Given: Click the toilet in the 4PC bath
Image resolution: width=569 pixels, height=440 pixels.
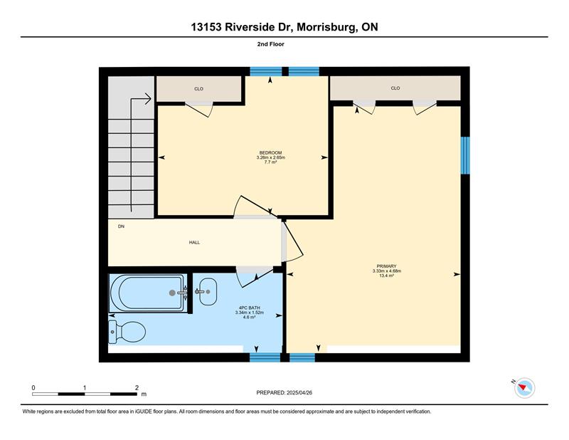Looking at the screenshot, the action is click(x=127, y=332).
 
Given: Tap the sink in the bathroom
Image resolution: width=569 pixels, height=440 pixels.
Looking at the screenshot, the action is click(x=208, y=291).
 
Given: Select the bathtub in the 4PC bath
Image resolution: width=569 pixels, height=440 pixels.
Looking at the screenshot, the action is click(x=149, y=293).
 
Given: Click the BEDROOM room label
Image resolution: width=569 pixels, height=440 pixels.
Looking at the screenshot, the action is click(x=270, y=152).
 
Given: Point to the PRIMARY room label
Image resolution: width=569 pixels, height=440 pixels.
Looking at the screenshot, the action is click(x=386, y=266).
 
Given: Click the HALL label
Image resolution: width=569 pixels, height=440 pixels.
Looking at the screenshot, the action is click(x=194, y=242).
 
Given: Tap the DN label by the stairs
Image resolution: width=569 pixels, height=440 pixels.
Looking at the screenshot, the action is click(x=121, y=226).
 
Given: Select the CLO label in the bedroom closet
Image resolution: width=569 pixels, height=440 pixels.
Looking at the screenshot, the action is click(x=199, y=89).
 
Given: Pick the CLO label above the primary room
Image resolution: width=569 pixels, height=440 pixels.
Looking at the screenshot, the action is click(x=395, y=88).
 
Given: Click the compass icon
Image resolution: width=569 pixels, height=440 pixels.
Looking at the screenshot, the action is click(x=524, y=388).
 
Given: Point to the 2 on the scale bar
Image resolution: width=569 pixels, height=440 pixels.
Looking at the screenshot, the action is click(x=137, y=388).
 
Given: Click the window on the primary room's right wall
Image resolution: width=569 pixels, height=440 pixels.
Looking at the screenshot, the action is click(x=465, y=155).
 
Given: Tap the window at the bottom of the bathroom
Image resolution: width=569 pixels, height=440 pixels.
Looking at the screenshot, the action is click(x=265, y=357).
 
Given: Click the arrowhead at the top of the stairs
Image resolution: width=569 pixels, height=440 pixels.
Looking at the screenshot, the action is click(x=148, y=98).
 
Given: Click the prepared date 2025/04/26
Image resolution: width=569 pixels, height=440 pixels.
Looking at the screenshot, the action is click(x=299, y=392).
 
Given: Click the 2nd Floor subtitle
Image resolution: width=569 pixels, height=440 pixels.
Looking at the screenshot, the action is click(x=271, y=44).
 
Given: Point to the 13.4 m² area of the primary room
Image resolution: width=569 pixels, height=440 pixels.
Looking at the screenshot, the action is click(x=386, y=276).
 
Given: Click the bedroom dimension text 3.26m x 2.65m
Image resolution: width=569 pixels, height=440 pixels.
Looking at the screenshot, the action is click(x=271, y=157).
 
